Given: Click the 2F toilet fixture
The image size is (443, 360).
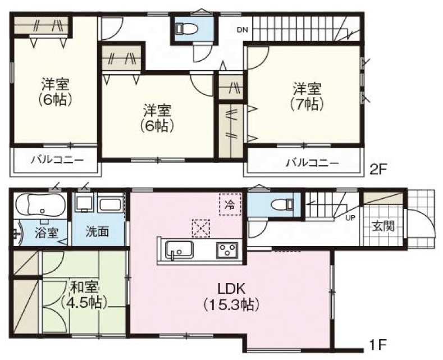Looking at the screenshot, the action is [187, 28].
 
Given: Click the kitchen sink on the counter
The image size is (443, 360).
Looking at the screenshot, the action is [179, 249].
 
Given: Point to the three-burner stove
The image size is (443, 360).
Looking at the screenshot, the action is [227, 250].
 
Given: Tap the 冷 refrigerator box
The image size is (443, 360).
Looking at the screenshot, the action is [230, 204].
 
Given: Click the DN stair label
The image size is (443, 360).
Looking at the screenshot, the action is [243, 30].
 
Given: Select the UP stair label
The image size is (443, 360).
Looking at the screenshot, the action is [350, 217].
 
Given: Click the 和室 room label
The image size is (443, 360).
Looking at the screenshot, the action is [84, 288].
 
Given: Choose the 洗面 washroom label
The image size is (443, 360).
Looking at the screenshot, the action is [97, 232].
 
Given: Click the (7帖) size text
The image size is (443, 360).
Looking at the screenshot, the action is [307, 105].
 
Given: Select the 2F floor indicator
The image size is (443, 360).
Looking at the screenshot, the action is [377, 170].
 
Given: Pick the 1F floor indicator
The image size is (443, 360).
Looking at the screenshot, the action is [378, 344].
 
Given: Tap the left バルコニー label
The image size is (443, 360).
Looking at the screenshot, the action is [57, 161].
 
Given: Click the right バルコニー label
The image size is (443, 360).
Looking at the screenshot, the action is [313, 163].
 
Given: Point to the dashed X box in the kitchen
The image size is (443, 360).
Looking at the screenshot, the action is [201, 228].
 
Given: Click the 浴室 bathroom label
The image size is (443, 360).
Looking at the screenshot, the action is [47, 234].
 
